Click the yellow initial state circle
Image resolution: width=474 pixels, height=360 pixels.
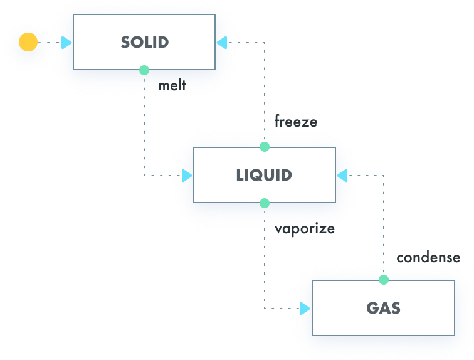pyautogui.click(x=28, y=43)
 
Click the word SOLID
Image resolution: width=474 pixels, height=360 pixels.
pyautogui.click(x=145, y=43)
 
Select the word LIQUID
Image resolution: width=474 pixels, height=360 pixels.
pyautogui.click(x=264, y=175)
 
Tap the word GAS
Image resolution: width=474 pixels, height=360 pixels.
pyautogui.click(x=383, y=308)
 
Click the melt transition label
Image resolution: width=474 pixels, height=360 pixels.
pyautogui.click(x=172, y=85)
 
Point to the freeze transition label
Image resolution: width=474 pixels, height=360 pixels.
pyautogui.click(x=295, y=121)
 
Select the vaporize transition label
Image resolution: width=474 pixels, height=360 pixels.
pyautogui.click(x=304, y=228)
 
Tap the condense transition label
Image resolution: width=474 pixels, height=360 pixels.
pyautogui.click(x=428, y=257)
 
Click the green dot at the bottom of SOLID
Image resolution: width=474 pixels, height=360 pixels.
pyautogui.click(x=144, y=70)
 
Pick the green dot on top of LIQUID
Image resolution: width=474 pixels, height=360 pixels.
pyautogui.click(x=265, y=147)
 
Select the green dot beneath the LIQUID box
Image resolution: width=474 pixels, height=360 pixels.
pyautogui.click(x=265, y=203)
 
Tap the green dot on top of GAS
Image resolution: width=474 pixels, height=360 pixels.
pyautogui.click(x=384, y=280)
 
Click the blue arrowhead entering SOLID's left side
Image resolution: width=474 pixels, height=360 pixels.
pyautogui.click(x=67, y=43)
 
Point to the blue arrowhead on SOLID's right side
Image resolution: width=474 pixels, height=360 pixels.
pyautogui.click(x=221, y=43)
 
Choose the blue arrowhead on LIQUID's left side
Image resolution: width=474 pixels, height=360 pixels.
pyautogui.click(x=187, y=176)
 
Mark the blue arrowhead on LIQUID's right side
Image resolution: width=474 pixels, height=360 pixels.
pyautogui.click(x=342, y=176)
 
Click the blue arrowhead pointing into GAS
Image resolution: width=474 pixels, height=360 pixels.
pyautogui.click(x=305, y=309)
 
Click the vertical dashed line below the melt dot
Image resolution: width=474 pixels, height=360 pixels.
pyautogui.click(x=144, y=125)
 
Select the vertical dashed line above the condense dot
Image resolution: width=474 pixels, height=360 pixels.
pyautogui.click(x=384, y=226)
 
